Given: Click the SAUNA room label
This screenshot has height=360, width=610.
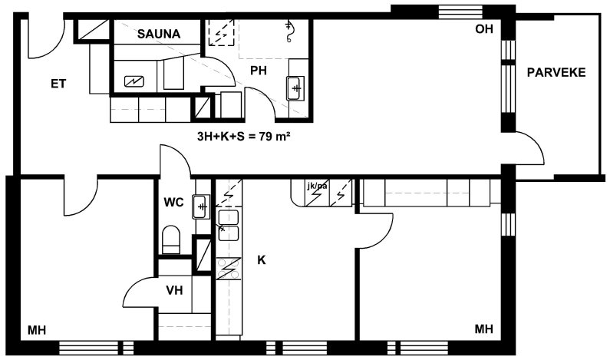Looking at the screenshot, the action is click(x=159, y=34).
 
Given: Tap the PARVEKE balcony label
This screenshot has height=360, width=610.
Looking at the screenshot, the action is click(x=556, y=72).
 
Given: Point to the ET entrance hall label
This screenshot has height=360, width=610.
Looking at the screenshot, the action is click(x=58, y=84).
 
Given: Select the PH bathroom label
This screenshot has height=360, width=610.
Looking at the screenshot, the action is click(x=259, y=71).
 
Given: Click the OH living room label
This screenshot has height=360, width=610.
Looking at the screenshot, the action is click(x=484, y=29).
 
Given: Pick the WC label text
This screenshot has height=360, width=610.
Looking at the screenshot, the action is click(x=173, y=203).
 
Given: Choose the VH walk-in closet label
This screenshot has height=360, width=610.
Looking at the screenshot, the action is click(x=174, y=290).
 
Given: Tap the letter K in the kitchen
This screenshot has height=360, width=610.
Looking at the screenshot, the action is click(x=262, y=260).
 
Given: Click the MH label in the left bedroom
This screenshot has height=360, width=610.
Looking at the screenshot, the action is click(x=37, y=330).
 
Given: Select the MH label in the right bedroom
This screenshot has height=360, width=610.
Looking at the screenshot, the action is click(x=484, y=329).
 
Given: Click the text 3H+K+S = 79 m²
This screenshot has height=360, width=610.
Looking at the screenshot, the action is click(x=244, y=136).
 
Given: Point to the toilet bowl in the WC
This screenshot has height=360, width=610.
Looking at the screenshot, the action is click(x=171, y=239).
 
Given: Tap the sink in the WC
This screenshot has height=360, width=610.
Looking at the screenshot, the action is click(x=201, y=206).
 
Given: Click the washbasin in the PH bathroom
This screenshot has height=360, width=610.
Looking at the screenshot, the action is click(x=295, y=88).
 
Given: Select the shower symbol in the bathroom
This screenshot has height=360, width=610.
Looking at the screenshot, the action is click(x=289, y=31).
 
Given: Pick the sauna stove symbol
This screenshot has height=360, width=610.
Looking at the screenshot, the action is click(x=134, y=81).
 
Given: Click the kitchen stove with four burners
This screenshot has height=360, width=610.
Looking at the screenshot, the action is click(x=229, y=269).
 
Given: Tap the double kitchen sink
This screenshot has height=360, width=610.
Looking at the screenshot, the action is click(x=229, y=225).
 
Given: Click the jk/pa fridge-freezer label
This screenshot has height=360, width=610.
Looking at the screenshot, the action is click(x=317, y=186).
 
